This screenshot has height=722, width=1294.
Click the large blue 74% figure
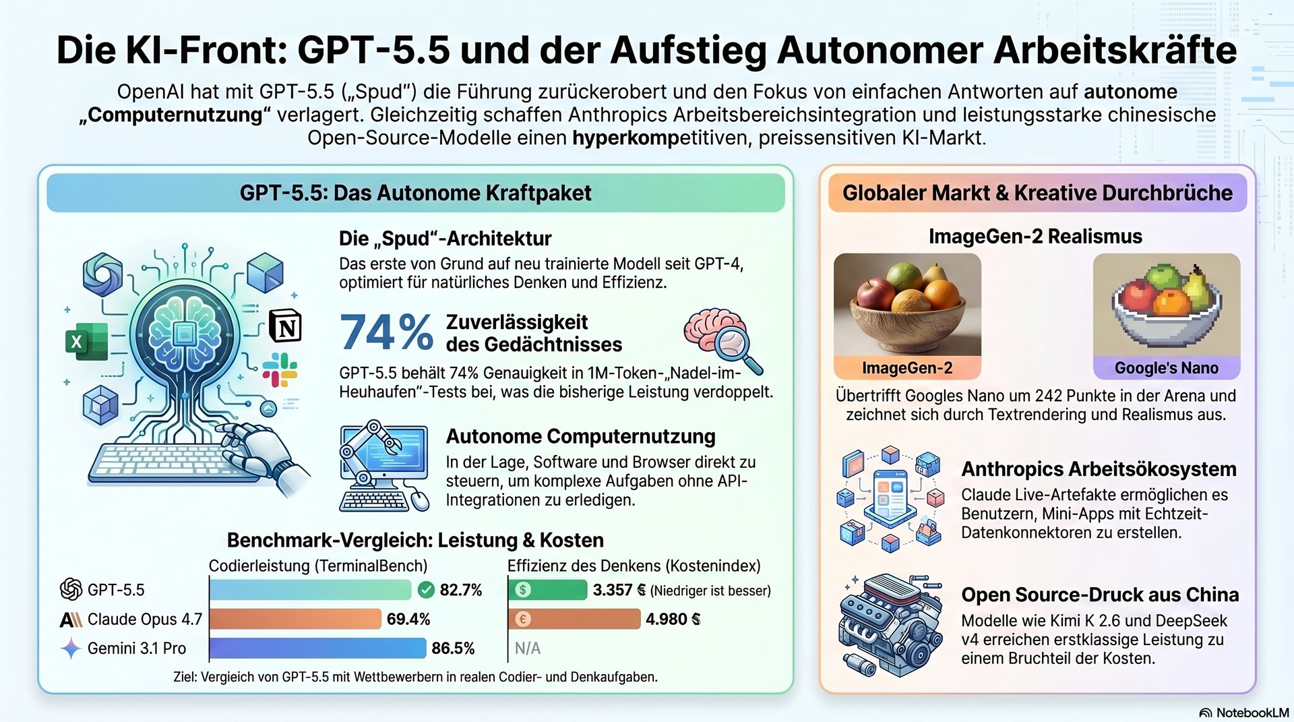386,332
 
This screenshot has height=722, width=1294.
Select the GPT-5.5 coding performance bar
310,590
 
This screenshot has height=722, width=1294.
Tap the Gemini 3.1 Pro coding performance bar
317,648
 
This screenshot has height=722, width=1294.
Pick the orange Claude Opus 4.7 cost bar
574,619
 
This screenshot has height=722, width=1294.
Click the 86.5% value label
453,649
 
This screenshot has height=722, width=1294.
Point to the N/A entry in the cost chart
527,649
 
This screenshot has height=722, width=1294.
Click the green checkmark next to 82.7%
426,591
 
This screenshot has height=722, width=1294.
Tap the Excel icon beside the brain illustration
86,342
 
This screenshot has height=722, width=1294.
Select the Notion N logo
285,327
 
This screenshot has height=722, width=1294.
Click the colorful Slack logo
280,369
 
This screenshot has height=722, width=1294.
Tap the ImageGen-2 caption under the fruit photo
907,368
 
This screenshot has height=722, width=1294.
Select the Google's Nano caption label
1166,368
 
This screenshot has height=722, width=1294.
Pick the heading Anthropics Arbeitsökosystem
1099,469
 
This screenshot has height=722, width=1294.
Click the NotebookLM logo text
1252,713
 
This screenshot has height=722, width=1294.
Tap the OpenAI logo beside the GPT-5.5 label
71,590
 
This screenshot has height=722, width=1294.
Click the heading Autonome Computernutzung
580,437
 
